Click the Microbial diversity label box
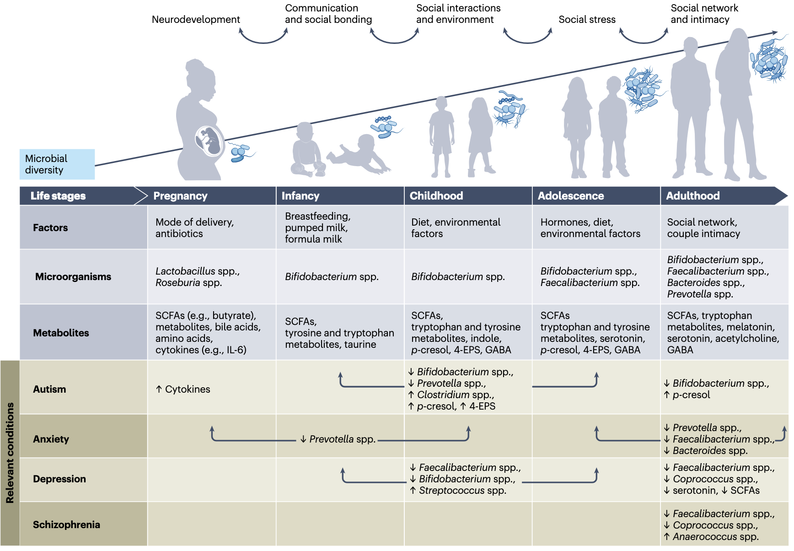coord(57,164)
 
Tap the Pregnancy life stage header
coord(180,196)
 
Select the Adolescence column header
coord(570,196)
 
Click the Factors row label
coord(50,227)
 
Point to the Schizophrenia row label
coord(66,524)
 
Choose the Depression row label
coord(59,479)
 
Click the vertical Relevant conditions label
coord(10,453)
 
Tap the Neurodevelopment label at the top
coord(196,20)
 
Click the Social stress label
coord(587,20)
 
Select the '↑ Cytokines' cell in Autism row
coord(183,389)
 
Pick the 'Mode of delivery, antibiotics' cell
coord(194,227)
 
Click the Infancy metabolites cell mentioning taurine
coord(339,333)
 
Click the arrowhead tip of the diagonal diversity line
coord(776,32)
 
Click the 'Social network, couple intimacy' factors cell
coord(703,227)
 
